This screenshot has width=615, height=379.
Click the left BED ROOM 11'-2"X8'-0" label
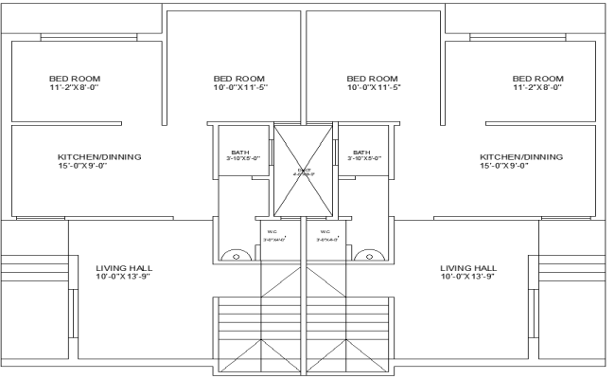75,82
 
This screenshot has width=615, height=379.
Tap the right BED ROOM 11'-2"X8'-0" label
536,82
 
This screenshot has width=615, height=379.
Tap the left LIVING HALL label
123,273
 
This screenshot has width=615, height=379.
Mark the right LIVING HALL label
467,273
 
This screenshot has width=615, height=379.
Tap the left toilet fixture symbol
232,256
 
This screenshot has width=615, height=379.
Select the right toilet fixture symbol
365,256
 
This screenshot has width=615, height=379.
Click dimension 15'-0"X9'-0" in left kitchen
85,167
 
